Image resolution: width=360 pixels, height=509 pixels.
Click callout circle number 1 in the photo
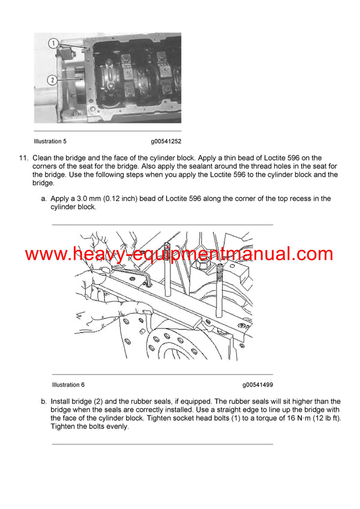click(x=53, y=43)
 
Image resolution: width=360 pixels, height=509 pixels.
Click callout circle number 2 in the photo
click(x=53, y=79)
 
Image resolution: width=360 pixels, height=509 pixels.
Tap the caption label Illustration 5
click(x=50, y=141)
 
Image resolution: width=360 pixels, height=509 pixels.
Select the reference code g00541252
click(x=166, y=141)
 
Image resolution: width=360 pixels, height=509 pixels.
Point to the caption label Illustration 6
click(x=68, y=385)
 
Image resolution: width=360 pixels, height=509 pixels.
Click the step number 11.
click(x=23, y=158)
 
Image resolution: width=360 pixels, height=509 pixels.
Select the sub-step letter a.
click(x=44, y=198)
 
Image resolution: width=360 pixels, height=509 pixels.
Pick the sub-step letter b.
click(x=44, y=402)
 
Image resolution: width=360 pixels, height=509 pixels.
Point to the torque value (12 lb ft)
click(x=326, y=418)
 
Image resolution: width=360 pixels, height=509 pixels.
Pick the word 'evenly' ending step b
click(x=117, y=427)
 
